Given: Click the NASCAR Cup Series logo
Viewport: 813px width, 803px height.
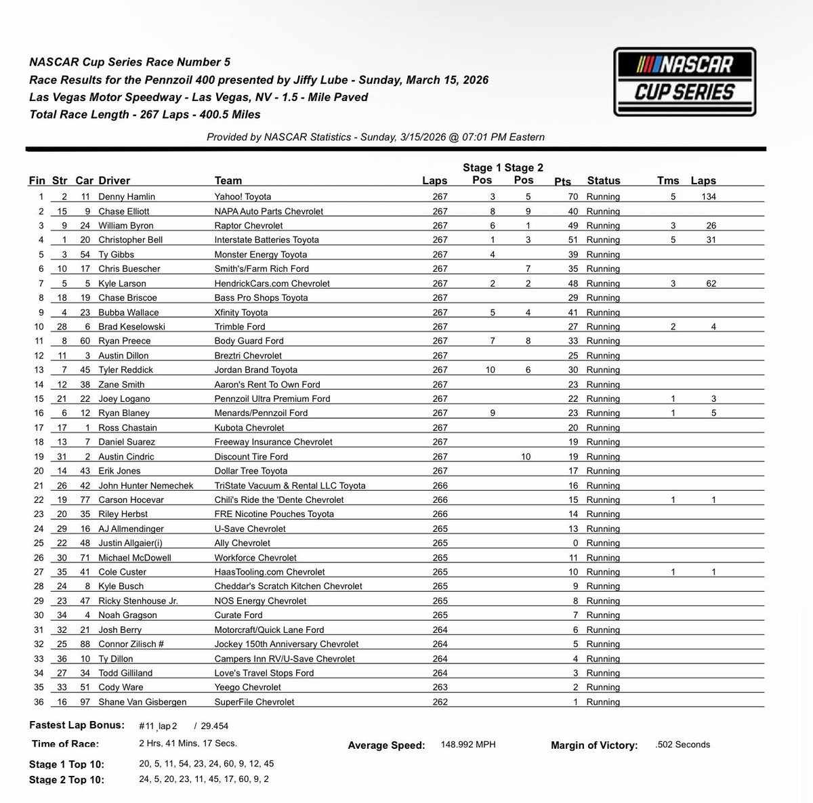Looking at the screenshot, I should tap(684, 82).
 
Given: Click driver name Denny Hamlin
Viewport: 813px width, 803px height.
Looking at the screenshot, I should tap(127, 197).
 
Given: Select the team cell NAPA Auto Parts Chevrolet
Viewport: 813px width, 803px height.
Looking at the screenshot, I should tap(269, 211).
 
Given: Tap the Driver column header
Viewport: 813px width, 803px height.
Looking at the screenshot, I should tap(114, 180).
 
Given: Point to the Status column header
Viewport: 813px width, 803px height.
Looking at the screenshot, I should tap(603, 180).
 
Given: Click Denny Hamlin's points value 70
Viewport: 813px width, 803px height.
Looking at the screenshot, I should tap(572, 197).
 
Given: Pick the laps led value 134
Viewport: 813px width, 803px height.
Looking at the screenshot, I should tap(708, 197).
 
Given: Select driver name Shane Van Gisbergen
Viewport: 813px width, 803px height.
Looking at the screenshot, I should tap(142, 702).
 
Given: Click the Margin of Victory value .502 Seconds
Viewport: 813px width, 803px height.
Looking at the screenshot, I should tap(683, 744).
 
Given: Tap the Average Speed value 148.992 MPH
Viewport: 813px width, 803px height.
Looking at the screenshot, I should tap(467, 744).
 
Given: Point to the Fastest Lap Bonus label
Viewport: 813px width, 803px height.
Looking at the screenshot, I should tap(77, 725).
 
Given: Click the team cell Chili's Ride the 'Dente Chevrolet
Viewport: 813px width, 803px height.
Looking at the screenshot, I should tap(279, 499).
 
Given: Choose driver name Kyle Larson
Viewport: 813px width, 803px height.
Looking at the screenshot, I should tap(122, 283).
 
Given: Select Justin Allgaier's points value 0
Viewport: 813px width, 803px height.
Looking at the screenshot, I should tap(575, 543).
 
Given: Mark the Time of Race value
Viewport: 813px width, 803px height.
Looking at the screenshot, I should tap(188, 743).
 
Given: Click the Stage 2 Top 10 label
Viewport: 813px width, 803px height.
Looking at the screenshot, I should tap(66, 779).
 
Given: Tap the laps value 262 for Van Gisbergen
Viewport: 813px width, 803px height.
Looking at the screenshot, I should tap(440, 702).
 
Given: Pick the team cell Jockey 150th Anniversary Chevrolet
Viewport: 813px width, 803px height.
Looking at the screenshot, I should tap(287, 644).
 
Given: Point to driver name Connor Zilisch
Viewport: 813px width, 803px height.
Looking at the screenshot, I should tap(131, 644).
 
